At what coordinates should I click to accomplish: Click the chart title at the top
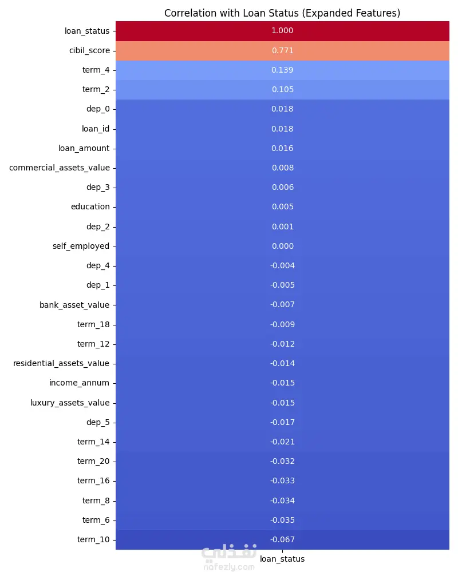point(282,13)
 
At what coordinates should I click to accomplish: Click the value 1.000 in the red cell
point(282,31)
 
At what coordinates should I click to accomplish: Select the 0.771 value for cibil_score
point(282,50)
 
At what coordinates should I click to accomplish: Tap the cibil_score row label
point(89,50)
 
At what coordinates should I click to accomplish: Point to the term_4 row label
point(96,70)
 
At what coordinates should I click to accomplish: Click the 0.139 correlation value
point(282,70)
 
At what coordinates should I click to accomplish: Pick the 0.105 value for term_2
point(282,89)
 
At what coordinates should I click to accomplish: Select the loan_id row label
point(95,129)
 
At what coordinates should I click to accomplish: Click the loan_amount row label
point(84,148)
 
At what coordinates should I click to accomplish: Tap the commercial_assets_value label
point(59,168)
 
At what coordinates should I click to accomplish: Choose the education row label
point(90,206)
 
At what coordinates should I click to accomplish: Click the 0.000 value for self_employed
point(282,246)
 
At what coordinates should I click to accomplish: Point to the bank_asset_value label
point(74,305)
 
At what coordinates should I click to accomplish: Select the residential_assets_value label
point(61,363)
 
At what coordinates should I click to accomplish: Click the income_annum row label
point(79,383)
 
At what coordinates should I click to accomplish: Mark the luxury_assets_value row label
point(69,403)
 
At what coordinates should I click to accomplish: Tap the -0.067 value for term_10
point(282,539)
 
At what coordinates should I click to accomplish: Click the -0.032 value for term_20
point(282,461)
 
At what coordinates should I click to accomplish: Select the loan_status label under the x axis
point(282,559)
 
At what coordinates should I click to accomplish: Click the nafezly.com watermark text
point(228,566)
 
